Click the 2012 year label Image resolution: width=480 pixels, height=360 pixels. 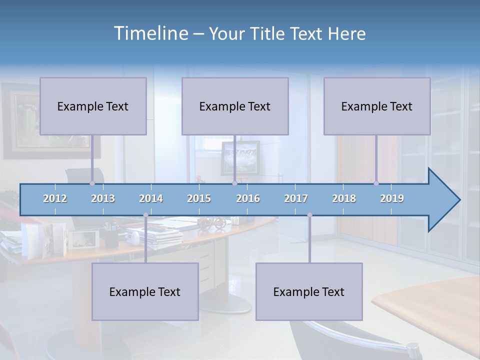55,198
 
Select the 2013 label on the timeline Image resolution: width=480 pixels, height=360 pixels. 103,198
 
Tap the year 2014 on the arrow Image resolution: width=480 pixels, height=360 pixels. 151,198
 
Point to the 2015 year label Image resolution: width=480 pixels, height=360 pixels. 199,198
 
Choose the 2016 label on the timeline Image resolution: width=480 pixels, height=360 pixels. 248,198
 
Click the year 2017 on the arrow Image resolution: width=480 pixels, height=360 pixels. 296,198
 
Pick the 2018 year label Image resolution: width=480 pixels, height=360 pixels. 344,198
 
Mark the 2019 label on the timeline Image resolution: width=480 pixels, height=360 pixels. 392,198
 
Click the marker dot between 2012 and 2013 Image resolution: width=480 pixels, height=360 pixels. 92,183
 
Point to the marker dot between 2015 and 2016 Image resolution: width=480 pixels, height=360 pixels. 234,183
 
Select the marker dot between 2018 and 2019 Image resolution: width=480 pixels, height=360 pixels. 376,183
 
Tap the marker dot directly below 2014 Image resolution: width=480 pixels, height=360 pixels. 145,215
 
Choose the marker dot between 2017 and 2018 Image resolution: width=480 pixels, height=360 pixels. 309,215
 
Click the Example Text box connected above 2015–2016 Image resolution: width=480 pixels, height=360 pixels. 235,106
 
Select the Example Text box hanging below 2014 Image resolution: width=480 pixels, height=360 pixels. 145,291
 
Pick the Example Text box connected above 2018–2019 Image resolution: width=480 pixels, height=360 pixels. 377,106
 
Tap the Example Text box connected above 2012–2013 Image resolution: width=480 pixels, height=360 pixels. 93,106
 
